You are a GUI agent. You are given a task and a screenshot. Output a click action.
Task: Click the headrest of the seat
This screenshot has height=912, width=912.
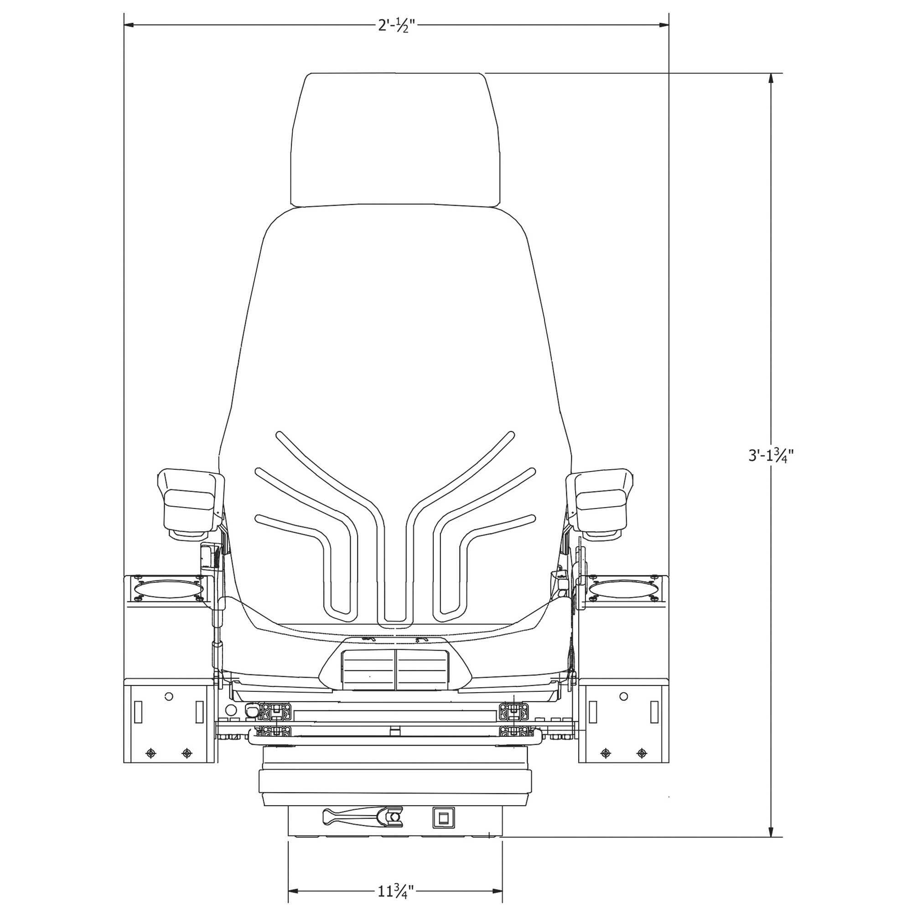(x=395, y=140)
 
